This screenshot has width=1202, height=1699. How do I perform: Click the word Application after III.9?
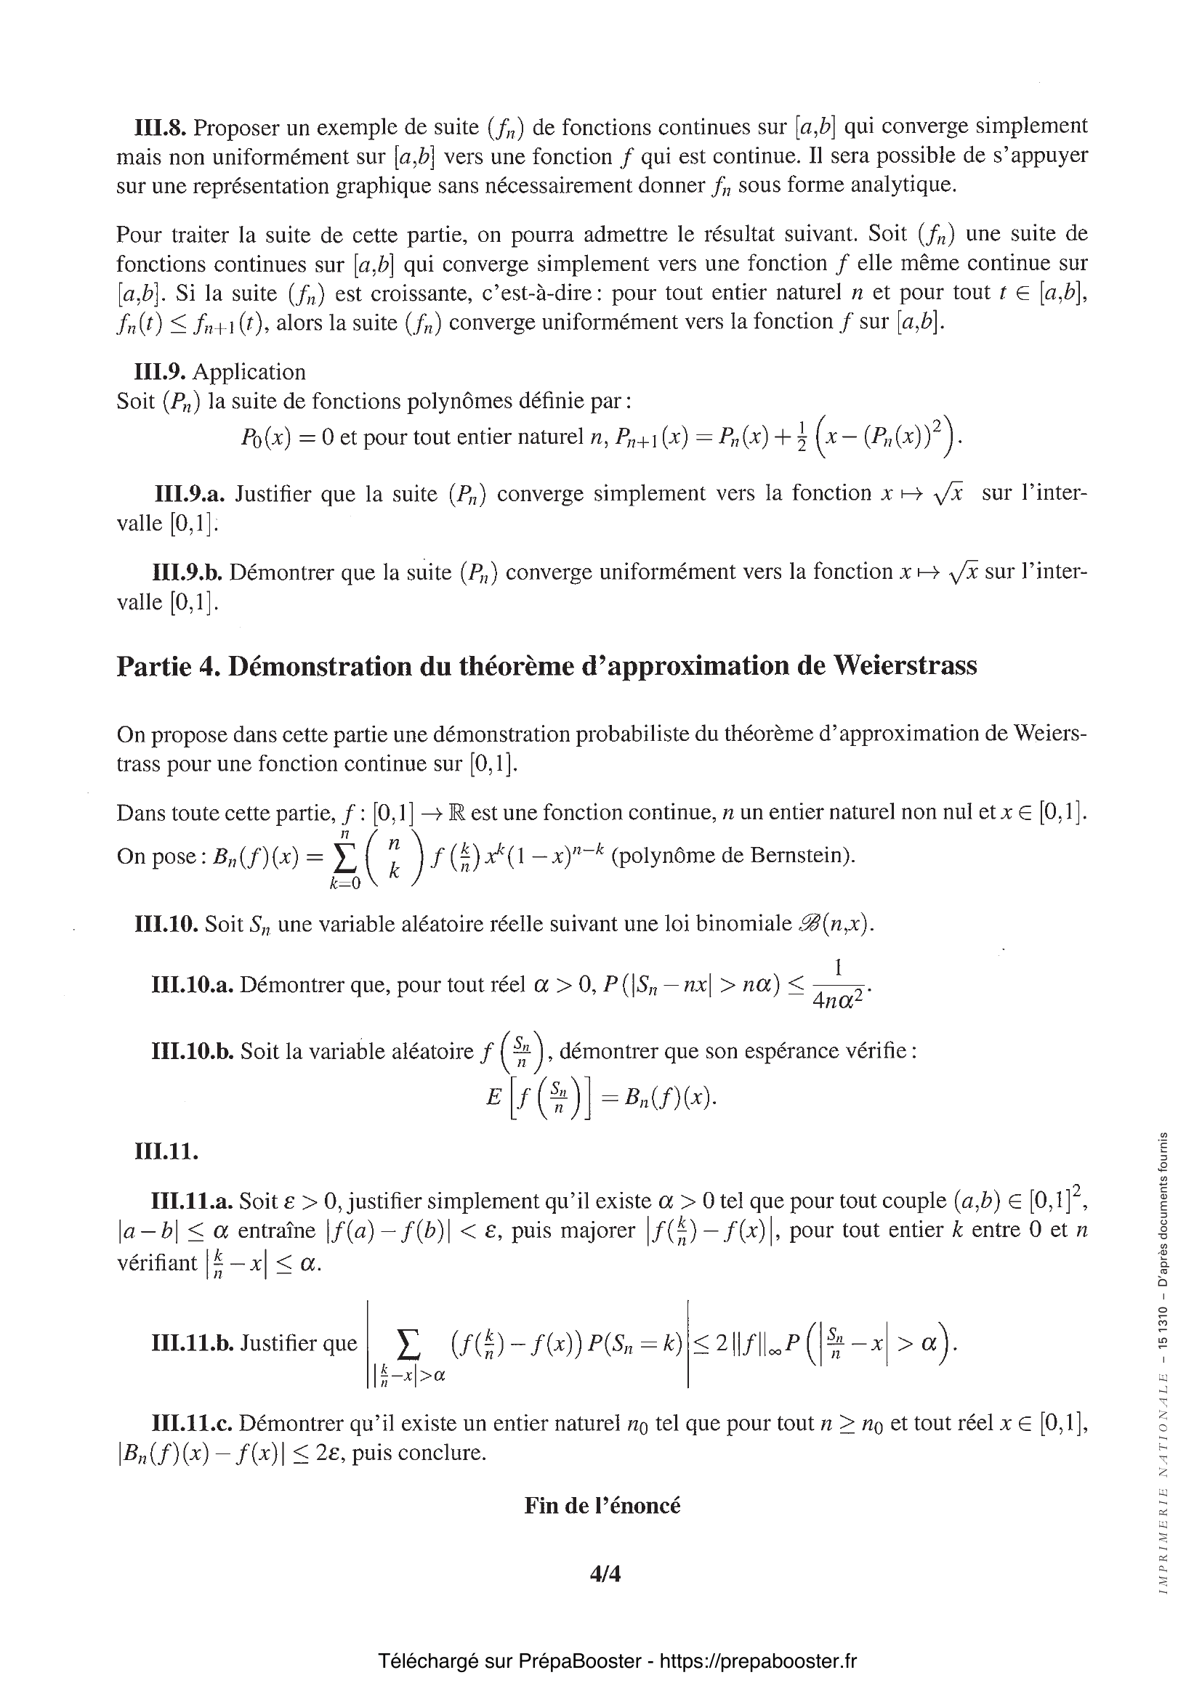click(249, 371)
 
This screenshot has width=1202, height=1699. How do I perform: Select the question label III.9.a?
click(190, 493)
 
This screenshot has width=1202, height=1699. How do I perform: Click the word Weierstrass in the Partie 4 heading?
click(905, 665)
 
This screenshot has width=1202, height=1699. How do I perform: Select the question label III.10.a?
click(193, 985)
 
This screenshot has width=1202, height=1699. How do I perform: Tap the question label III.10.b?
click(193, 1052)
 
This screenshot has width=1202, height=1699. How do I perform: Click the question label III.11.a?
click(192, 1201)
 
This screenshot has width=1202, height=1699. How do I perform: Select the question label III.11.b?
click(192, 1343)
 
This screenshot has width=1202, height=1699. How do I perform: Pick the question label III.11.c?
click(191, 1423)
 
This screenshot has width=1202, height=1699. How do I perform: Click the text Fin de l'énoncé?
click(602, 1505)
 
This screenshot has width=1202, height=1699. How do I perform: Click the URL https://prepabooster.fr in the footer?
click(757, 1661)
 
